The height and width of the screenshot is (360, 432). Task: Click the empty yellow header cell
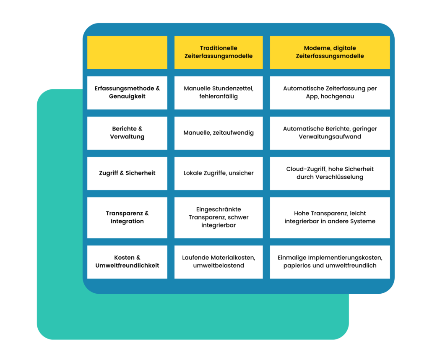[x=127, y=52]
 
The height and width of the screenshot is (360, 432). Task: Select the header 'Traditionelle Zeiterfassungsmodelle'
[x=219, y=52]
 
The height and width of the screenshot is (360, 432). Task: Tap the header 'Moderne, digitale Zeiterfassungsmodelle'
[x=330, y=52]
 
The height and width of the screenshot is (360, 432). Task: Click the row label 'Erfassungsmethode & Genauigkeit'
[x=127, y=92]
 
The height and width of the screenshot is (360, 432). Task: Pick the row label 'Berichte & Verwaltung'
[x=127, y=133]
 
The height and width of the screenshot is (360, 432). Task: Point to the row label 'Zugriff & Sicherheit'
[x=127, y=173]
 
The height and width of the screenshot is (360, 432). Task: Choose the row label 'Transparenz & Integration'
[x=127, y=217]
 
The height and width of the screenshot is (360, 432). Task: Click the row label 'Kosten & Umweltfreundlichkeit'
[x=127, y=261]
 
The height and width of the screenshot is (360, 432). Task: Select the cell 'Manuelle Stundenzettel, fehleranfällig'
[x=219, y=92]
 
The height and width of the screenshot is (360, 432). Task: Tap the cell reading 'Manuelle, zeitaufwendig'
[x=219, y=133]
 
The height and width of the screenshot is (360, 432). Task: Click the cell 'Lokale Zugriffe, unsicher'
[x=219, y=173]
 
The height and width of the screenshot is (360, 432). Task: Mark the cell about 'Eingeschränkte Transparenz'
[x=219, y=217]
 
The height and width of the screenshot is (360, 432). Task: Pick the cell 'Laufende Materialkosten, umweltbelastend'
[x=219, y=261]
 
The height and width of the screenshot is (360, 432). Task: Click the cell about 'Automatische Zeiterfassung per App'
[x=330, y=92]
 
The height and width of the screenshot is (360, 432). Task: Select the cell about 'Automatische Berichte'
[x=330, y=133]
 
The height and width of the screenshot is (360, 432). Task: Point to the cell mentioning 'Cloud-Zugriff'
[x=330, y=173]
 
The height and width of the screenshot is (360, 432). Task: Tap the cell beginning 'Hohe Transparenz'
[x=330, y=217]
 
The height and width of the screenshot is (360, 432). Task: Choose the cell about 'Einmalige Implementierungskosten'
[x=330, y=261]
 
